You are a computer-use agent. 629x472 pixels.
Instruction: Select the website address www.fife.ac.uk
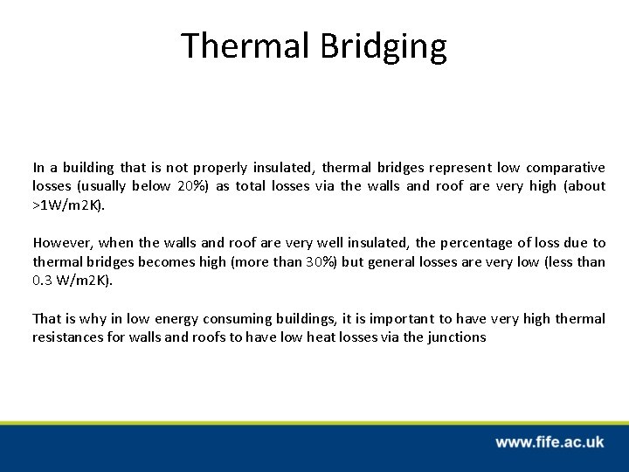pos(550,442)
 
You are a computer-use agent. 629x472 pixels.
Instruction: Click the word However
pos(61,243)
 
